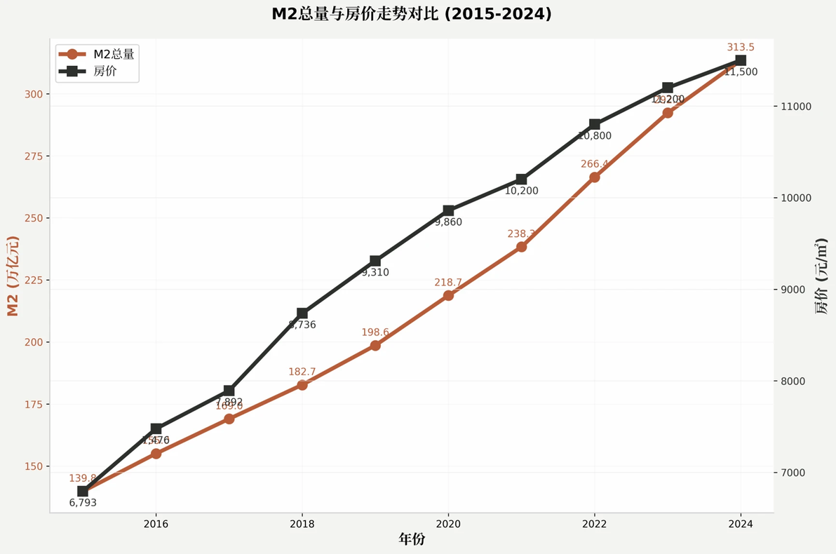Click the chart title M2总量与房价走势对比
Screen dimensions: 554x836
(x=412, y=14)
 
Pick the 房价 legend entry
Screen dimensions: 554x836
(x=104, y=71)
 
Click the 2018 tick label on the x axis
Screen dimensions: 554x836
(x=302, y=524)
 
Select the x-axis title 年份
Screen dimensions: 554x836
(x=412, y=539)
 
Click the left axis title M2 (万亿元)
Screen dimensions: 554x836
(x=13, y=276)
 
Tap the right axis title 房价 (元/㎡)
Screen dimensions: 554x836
(x=821, y=276)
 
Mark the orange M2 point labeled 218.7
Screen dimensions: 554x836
(x=448, y=295)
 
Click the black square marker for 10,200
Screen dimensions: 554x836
(x=521, y=180)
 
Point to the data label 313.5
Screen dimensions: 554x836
(x=741, y=48)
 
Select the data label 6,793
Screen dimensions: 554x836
(x=83, y=503)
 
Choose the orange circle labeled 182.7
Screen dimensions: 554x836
(x=302, y=385)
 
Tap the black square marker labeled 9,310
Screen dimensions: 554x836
(x=375, y=261)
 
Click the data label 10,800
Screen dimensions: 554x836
(x=595, y=136)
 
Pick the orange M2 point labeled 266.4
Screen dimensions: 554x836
(x=595, y=177)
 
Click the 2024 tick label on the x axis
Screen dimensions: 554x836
(x=741, y=524)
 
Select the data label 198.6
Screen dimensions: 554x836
(x=375, y=332)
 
